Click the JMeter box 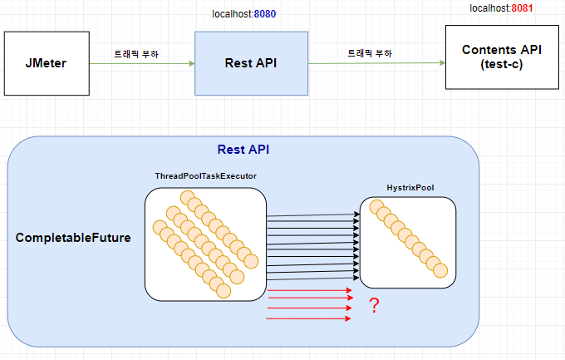click(47, 63)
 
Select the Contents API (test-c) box click(502, 57)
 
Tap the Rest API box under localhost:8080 click(251, 63)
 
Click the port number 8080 click(265, 14)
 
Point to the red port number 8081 click(522, 8)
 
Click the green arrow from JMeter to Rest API click(142, 63)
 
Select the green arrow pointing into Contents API click(376, 63)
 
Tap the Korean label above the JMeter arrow click(136, 54)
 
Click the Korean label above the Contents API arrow click(370, 53)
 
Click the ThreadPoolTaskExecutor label click(206, 176)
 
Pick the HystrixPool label click(410, 188)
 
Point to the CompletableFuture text click(73, 238)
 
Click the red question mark click(375, 305)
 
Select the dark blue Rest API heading click(243, 150)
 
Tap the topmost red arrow click(309, 290)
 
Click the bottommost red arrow click(308, 318)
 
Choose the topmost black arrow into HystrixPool click(313, 215)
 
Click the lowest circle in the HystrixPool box click(440, 270)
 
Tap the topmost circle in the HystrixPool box click(377, 207)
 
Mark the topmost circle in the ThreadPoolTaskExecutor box click(188, 198)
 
